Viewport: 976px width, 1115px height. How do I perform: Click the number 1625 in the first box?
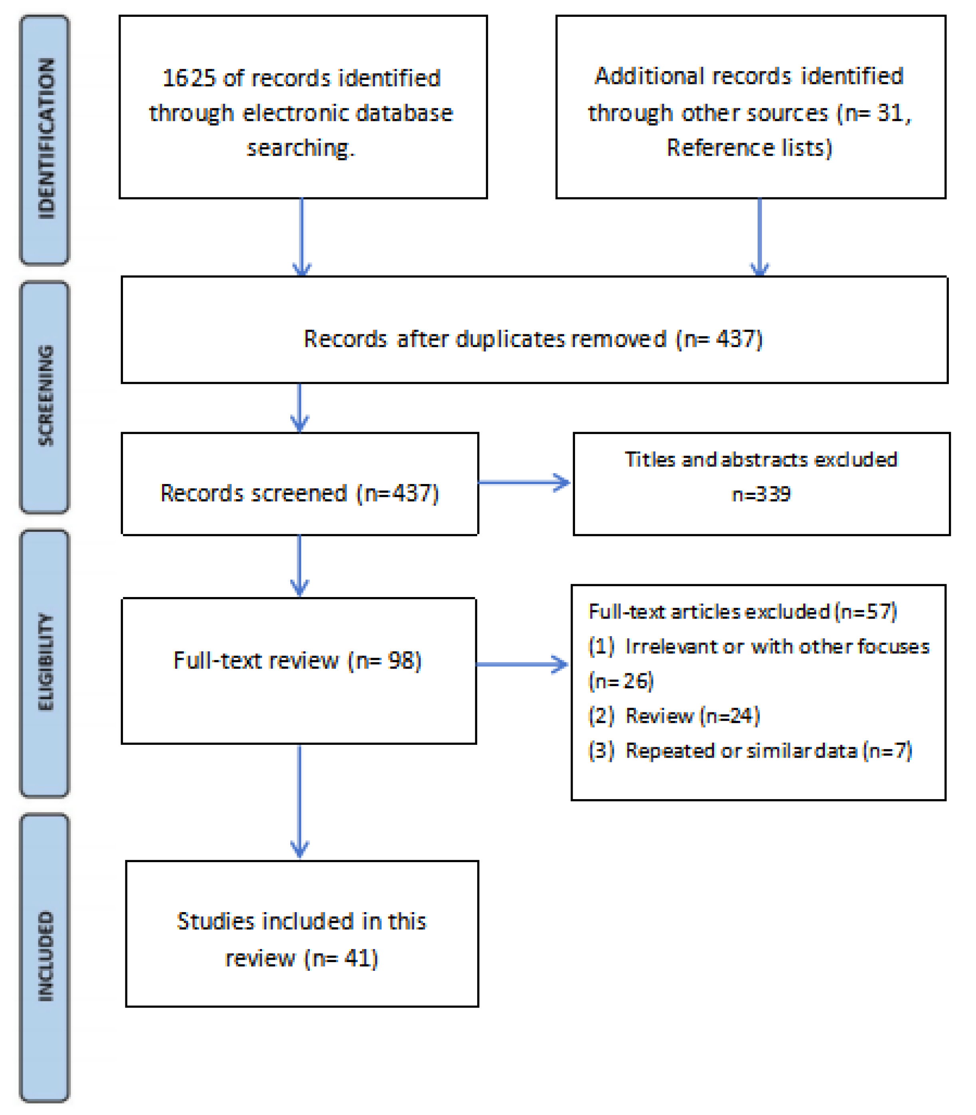tap(189, 78)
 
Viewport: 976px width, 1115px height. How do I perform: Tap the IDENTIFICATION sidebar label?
tap(46, 139)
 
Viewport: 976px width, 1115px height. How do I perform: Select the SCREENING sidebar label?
tap(46, 396)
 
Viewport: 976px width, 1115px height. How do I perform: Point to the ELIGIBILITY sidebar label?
tap(46, 662)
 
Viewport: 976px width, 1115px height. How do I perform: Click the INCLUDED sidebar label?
tap(46, 956)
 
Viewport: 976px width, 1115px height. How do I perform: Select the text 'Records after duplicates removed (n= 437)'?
tap(533, 339)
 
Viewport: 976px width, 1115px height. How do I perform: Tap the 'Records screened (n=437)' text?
tap(299, 493)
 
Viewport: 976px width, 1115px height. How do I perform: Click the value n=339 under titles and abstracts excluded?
tap(761, 494)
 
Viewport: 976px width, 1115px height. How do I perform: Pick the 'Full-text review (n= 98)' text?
tap(298, 660)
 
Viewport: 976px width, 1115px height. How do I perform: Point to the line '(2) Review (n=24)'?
tap(674, 716)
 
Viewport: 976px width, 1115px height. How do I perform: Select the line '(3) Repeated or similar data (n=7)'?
tap(750, 751)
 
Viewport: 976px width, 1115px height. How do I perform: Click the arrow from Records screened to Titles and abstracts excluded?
tap(524, 482)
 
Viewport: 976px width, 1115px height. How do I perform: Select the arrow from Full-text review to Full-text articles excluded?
tap(522, 664)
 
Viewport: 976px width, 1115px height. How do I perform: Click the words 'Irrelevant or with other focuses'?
tap(777, 647)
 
